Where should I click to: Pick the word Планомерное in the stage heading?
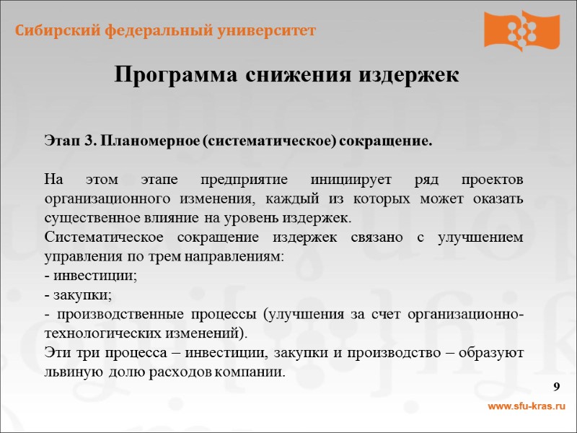(149, 140)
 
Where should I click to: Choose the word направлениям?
(241, 257)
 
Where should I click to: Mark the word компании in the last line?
(258, 373)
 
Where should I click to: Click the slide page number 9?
(557, 388)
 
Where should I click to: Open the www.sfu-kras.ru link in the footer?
(527, 408)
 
